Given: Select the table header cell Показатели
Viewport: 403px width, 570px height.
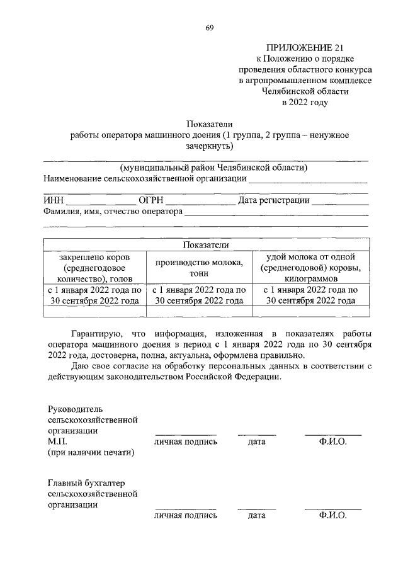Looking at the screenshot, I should click(x=206, y=244).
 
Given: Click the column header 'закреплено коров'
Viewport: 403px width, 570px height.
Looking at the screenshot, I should click(x=94, y=257).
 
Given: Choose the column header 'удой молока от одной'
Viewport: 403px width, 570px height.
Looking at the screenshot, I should click(x=311, y=257).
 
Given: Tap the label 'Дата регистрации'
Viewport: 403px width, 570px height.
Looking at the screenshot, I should click(x=274, y=201).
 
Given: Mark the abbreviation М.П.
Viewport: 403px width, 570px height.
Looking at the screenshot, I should click(x=57, y=442).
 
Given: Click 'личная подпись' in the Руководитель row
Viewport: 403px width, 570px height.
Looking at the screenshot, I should click(x=186, y=442).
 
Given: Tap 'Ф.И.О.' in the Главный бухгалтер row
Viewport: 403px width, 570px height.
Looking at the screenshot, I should click(x=333, y=515).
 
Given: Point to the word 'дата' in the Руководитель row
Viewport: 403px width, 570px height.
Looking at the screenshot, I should click(x=256, y=442).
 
